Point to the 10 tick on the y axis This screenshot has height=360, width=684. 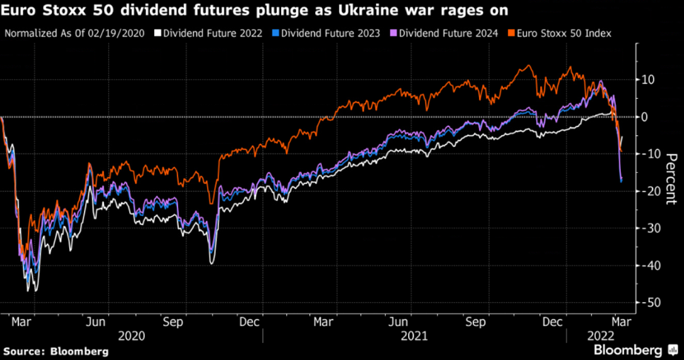(x=647, y=79)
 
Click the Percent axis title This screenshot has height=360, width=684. (x=671, y=179)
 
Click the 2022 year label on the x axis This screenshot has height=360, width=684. (x=600, y=336)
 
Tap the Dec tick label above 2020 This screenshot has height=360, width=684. (x=249, y=322)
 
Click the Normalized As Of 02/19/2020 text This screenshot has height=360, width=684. (x=74, y=33)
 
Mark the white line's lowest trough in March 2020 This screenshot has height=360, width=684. (x=30, y=290)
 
